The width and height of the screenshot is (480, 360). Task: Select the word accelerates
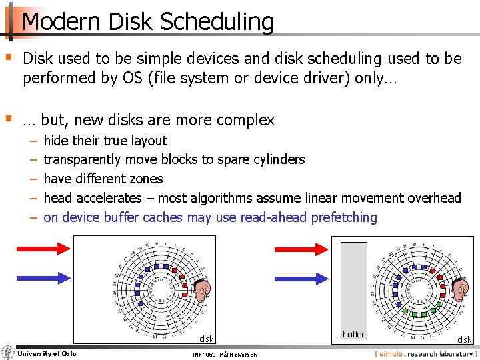(109, 198)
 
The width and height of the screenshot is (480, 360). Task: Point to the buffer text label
(353, 334)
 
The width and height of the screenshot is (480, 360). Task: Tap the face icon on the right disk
(458, 289)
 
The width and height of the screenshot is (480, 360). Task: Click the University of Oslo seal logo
(8, 353)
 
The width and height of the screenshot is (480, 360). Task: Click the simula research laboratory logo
(425, 353)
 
